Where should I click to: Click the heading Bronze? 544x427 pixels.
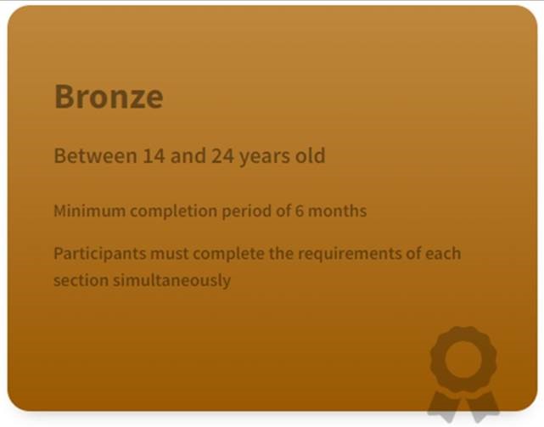click(x=109, y=97)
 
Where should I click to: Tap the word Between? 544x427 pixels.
click(x=95, y=155)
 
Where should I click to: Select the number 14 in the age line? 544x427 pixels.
click(x=154, y=155)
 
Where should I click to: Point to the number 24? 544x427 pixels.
click(x=222, y=155)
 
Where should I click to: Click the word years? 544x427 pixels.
click(x=265, y=157)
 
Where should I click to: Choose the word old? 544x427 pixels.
click(x=310, y=155)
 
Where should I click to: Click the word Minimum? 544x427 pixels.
click(x=89, y=211)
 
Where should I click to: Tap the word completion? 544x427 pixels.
click(x=173, y=211)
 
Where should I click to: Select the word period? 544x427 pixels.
click(x=246, y=211)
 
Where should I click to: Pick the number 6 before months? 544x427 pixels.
click(x=299, y=211)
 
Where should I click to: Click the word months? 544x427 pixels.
click(x=337, y=211)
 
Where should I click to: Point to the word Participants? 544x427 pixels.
click(x=100, y=254)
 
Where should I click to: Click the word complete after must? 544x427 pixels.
click(x=228, y=254)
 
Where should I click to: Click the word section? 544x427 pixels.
click(x=81, y=280)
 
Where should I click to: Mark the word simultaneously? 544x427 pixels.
click(x=171, y=281)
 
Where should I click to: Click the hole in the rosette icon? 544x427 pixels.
click(x=463, y=359)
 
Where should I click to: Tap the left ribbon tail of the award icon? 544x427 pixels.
click(x=444, y=405)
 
